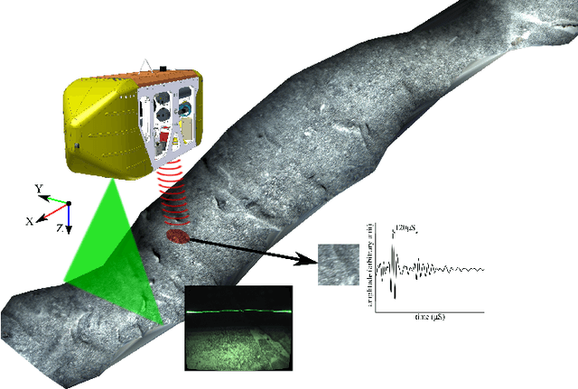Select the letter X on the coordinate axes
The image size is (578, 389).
pyautogui.click(x=32, y=220)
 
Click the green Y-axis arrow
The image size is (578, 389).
pyautogui.click(x=56, y=196)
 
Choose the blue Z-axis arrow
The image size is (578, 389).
pyautogui.click(x=69, y=217)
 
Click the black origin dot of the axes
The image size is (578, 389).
pyautogui.click(x=69, y=202)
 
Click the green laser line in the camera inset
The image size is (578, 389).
pyautogui.click(x=238, y=311)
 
